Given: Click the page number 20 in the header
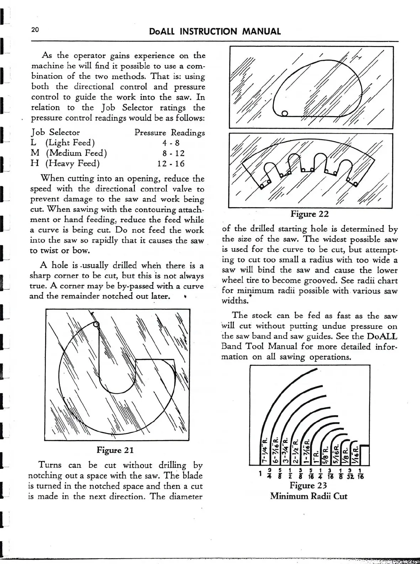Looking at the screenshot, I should (35, 30).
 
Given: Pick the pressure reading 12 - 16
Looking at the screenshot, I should (171, 164).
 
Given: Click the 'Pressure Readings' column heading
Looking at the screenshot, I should (169, 133).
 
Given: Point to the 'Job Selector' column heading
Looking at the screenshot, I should (56, 132).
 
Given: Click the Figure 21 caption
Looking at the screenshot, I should (115, 450).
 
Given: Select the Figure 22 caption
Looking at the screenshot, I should (309, 214).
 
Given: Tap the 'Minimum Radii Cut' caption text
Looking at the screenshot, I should (309, 496).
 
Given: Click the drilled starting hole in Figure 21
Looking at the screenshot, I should (96, 324).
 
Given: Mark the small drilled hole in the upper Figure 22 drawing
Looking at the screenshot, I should (284, 114).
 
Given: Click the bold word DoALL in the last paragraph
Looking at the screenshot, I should (382, 336).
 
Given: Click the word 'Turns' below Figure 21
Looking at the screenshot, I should (50, 465).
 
